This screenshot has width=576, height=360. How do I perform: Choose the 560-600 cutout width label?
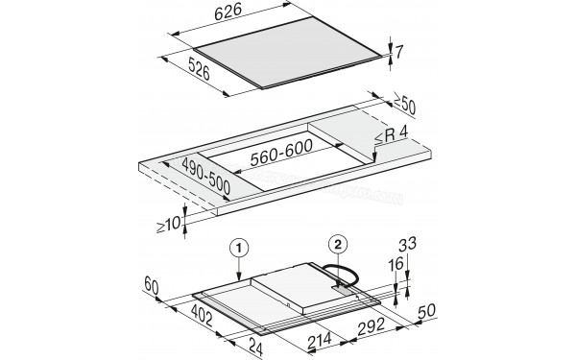(280, 150)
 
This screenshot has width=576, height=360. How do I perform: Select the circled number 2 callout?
(337, 244)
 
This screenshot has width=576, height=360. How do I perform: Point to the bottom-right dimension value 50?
(428, 310)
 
